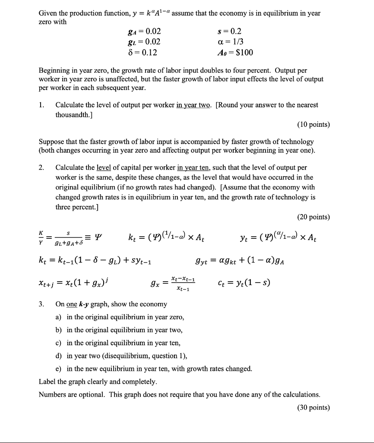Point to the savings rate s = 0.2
pyautogui.click(x=230, y=31)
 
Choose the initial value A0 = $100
pyautogui.click(x=235, y=52)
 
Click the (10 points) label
pyautogui.click(x=313, y=125)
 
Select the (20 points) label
pyautogui.click(x=313, y=217)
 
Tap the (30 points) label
pyautogui.click(x=313, y=407)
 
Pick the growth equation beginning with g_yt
pyautogui.click(x=239, y=261)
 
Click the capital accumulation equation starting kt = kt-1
pyautogui.click(x=95, y=261)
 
